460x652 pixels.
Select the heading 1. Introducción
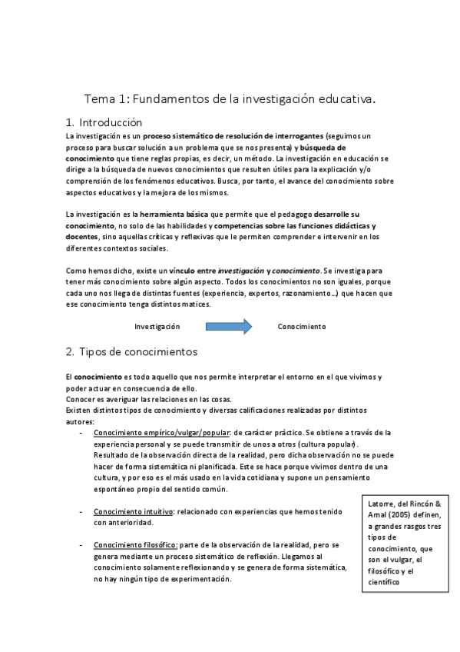[x=104, y=121]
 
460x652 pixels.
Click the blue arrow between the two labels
[x=229, y=327]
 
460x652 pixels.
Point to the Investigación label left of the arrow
[x=157, y=327]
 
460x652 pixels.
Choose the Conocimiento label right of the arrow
[x=301, y=327]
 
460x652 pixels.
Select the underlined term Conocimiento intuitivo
[x=131, y=511]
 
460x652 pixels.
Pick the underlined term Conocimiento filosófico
[x=136, y=545]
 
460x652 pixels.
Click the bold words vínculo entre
[x=194, y=271]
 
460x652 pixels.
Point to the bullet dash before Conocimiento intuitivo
[x=81, y=511]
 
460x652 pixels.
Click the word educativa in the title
[x=344, y=99]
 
